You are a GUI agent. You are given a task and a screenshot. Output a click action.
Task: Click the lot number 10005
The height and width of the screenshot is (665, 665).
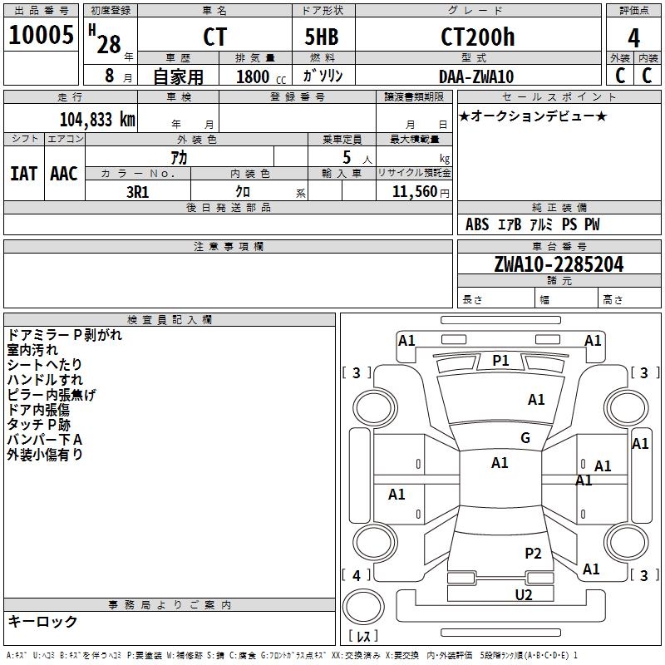coord(41,37)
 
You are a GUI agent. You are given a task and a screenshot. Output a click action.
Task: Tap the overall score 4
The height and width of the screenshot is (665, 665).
coord(633,37)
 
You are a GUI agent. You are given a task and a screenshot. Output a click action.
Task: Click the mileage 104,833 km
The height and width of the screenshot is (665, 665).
coord(97,119)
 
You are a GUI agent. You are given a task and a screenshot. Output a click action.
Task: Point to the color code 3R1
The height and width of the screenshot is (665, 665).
coord(137,190)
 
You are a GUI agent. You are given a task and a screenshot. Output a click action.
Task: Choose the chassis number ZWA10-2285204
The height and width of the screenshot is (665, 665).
coord(559,264)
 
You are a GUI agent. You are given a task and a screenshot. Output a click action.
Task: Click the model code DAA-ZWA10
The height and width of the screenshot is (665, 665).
coord(476,76)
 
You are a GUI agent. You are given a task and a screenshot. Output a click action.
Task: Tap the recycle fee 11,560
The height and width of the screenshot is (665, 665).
coord(413,191)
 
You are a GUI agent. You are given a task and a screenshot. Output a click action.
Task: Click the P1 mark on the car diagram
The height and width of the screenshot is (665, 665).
coord(500,360)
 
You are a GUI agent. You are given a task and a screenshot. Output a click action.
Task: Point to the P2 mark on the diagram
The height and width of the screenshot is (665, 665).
coord(533,553)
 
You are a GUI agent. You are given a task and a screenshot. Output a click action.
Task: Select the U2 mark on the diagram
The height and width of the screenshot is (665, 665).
coord(523,594)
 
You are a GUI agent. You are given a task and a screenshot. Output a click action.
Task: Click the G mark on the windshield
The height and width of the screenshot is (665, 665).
coord(525,438)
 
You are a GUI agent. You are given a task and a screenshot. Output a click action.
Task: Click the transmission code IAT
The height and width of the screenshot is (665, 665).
coord(23,174)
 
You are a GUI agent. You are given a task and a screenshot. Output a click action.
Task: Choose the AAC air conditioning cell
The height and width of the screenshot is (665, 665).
coord(64,174)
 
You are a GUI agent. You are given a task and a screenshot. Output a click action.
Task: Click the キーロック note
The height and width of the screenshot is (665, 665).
coord(42,621)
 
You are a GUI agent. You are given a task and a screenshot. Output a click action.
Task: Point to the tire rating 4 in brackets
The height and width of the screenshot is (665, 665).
coord(357,575)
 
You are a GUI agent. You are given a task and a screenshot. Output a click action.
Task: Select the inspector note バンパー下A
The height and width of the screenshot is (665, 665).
coord(45,439)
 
